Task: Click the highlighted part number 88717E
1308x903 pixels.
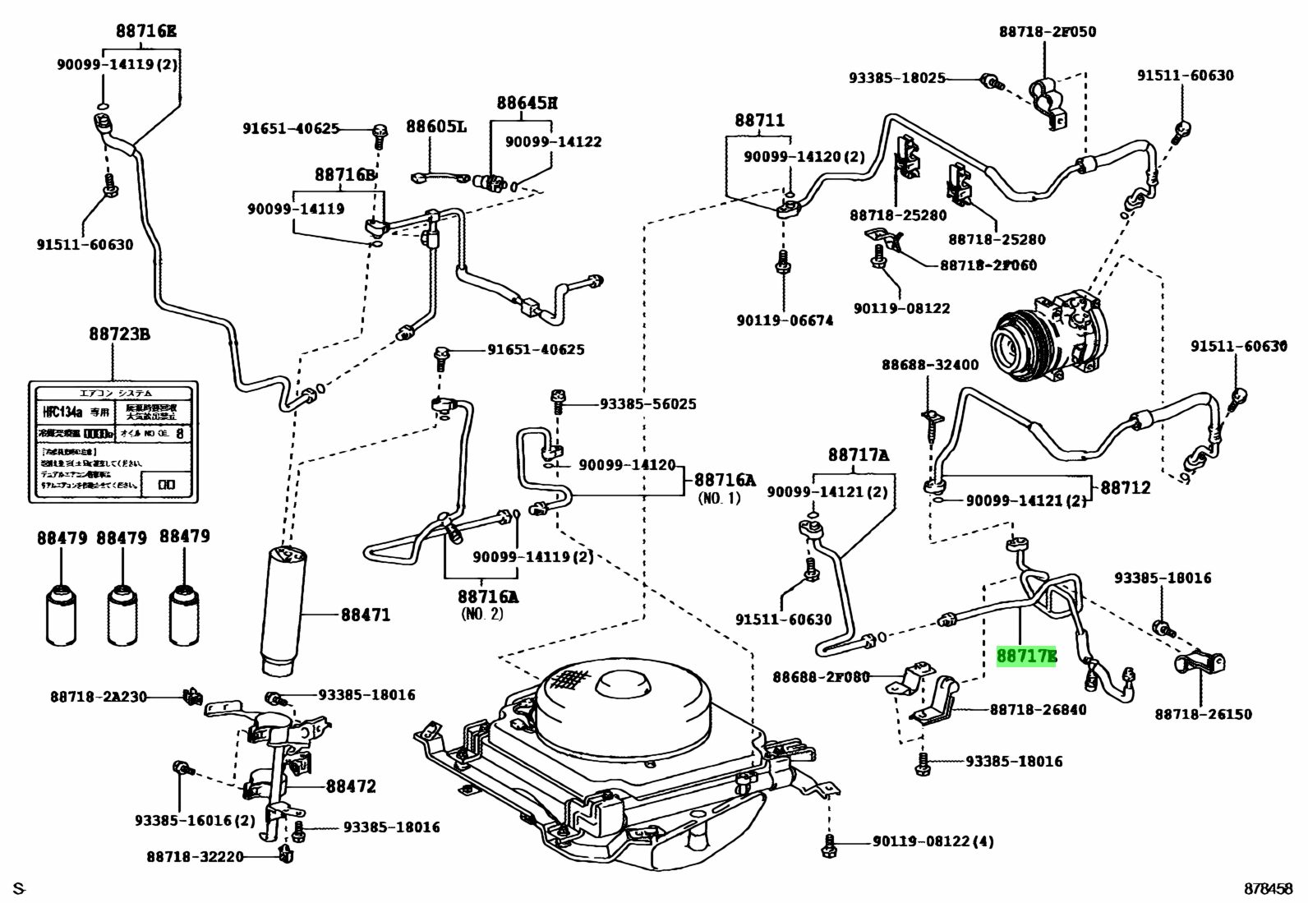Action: pos(1026,657)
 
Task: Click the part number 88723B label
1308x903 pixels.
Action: pos(119,334)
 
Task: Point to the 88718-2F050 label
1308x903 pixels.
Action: pos(1047,31)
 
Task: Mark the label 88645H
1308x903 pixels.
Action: pos(527,104)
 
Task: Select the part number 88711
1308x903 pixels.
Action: pos(759,121)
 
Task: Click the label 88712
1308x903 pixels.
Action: pos(1125,487)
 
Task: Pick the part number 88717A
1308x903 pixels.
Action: pos(858,454)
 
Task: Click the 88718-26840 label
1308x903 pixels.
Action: pos(1038,709)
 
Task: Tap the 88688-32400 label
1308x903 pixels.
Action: pos(930,364)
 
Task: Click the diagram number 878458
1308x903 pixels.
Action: pos(1269,888)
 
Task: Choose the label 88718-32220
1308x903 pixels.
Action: pos(196,856)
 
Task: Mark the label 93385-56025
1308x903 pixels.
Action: pos(647,403)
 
